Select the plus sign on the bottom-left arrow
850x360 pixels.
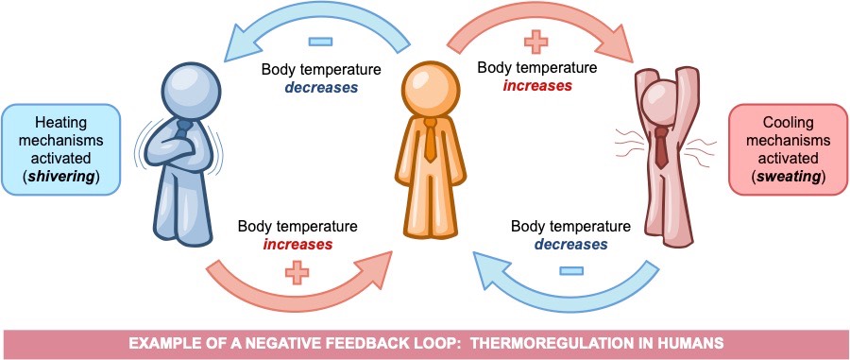coord(297,273)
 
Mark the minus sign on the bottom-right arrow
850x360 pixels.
coord(569,271)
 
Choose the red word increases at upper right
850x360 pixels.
coord(536,85)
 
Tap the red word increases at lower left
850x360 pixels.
coord(297,244)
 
